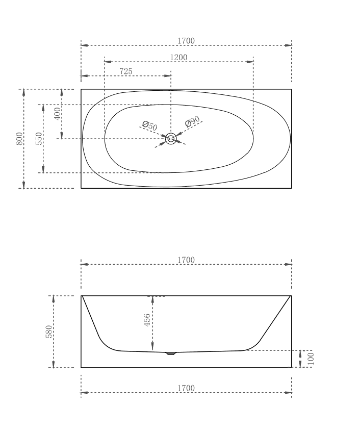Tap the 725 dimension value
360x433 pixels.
pyautogui.click(x=126, y=71)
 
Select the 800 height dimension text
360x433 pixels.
pyautogui.click(x=19, y=139)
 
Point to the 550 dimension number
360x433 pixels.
pyautogui.click(x=39, y=139)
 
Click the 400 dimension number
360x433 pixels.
pyautogui.click(x=58, y=113)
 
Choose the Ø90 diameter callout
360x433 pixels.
pyautogui.click(x=192, y=122)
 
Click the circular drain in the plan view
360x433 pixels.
pyautogui.click(x=171, y=139)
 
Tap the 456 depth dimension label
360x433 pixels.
pyautogui.click(x=147, y=320)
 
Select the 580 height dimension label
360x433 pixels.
pyautogui.click(x=49, y=332)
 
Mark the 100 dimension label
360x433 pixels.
pyautogui.click(x=311, y=358)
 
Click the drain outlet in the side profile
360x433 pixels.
pyautogui.click(x=171, y=352)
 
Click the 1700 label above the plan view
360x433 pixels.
pyautogui.click(x=186, y=41)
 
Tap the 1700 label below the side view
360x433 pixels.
pyautogui.click(x=186, y=388)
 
